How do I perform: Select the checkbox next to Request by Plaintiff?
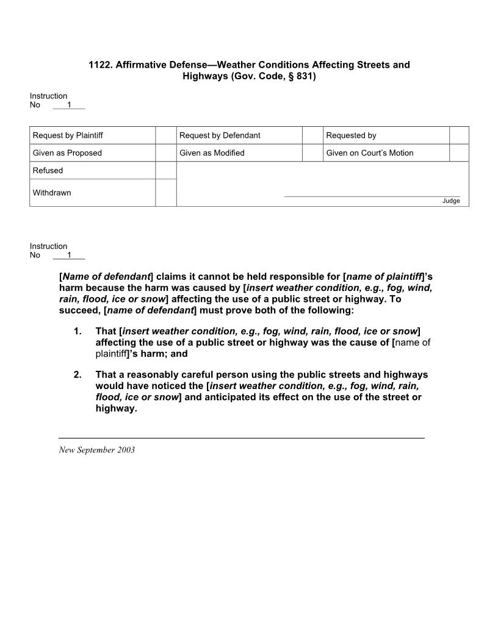pyautogui.click(x=165, y=135)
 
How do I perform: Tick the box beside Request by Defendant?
pyautogui.click(x=312, y=135)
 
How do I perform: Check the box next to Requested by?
pyautogui.click(x=459, y=135)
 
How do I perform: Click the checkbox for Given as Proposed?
pyautogui.click(x=165, y=153)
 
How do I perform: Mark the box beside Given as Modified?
pyautogui.click(x=312, y=153)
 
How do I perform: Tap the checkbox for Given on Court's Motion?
pyautogui.click(x=459, y=153)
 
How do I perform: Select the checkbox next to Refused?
pyautogui.click(x=165, y=170)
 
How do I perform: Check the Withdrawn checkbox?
pyautogui.click(x=165, y=193)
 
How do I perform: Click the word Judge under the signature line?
pyautogui.click(x=451, y=201)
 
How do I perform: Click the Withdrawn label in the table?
pyautogui.click(x=52, y=193)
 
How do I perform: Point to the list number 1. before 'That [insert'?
pyautogui.click(x=77, y=331)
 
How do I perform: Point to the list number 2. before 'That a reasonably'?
pyautogui.click(x=77, y=375)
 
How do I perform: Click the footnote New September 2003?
pyautogui.click(x=96, y=450)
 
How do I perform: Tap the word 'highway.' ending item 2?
pyautogui.click(x=116, y=409)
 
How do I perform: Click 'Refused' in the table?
pyautogui.click(x=48, y=171)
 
